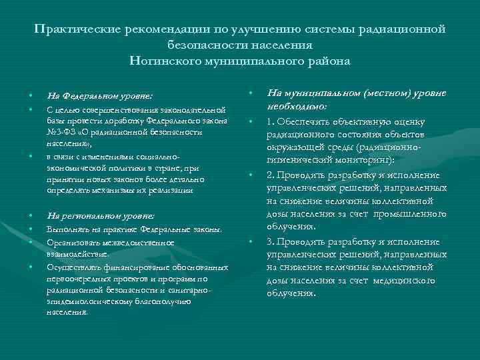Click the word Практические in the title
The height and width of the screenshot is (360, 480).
pyautogui.click(x=75, y=29)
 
